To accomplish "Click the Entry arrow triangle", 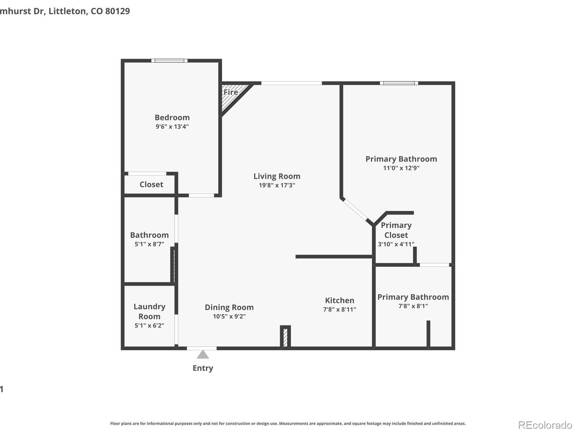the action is tap(203, 355).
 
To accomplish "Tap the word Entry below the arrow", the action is tap(203, 368).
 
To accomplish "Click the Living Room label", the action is tap(277, 176).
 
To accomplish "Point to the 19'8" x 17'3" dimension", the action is tap(277, 185).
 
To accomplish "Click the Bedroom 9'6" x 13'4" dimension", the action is tap(172, 126).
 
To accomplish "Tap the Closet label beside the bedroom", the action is tap(152, 184).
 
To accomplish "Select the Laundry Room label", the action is tap(149, 311).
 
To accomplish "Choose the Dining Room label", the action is tap(229, 307).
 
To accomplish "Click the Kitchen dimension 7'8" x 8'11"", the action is tap(339, 309).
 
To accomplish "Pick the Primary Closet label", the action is tap(396, 230).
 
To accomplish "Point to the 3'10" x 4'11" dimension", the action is tap(396, 244).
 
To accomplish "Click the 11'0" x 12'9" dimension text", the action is tap(401, 168).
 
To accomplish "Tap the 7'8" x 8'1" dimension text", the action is tap(413, 306).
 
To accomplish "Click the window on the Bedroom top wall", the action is tap(169, 60).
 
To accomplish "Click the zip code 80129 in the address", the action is tap(118, 11).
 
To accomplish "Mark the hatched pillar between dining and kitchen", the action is tap(285, 337).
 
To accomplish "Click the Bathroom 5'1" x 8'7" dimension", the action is tap(149, 244).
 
